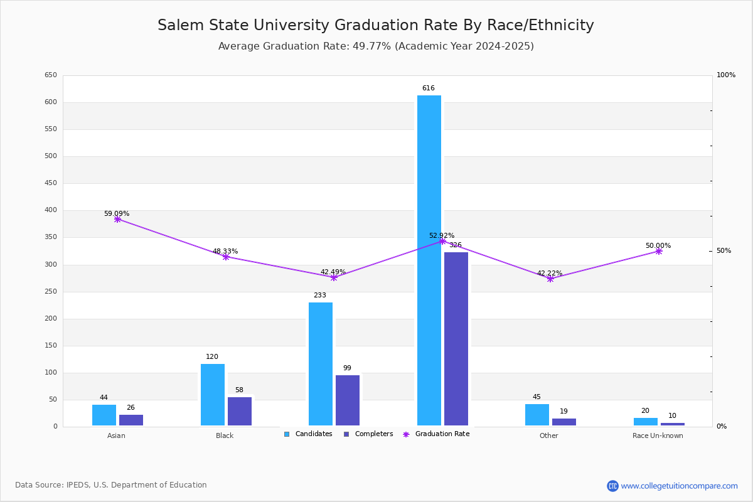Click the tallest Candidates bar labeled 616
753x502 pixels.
pyautogui.click(x=429, y=260)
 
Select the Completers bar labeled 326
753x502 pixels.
pyautogui.click(x=456, y=339)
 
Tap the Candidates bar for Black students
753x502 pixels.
pyautogui.click(x=213, y=395)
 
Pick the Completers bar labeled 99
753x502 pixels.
pyautogui.click(x=347, y=400)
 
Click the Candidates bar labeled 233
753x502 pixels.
pyautogui.click(x=321, y=364)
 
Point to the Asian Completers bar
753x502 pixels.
pyautogui.click(x=131, y=420)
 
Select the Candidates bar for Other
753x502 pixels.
pyautogui.click(x=537, y=415)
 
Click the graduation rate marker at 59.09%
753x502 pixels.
pyautogui.click(x=117, y=219)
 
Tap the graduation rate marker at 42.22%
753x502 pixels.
pyautogui.click(x=550, y=279)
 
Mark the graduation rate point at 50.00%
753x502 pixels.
pyautogui.click(x=658, y=251)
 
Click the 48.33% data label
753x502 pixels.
pyautogui.click(x=225, y=251)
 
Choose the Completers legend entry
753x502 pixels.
pyautogui.click(x=368, y=434)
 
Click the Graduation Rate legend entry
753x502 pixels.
pyautogui.click(x=436, y=434)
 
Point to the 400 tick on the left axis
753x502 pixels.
pyautogui.click(x=51, y=210)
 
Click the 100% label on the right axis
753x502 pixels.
pyautogui.click(x=726, y=75)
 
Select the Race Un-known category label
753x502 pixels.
pyautogui.click(x=658, y=435)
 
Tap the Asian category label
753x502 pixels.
pyautogui.click(x=116, y=435)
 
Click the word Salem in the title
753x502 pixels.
pyautogui.click(x=181, y=25)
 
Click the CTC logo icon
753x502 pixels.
pyautogui.click(x=612, y=486)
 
